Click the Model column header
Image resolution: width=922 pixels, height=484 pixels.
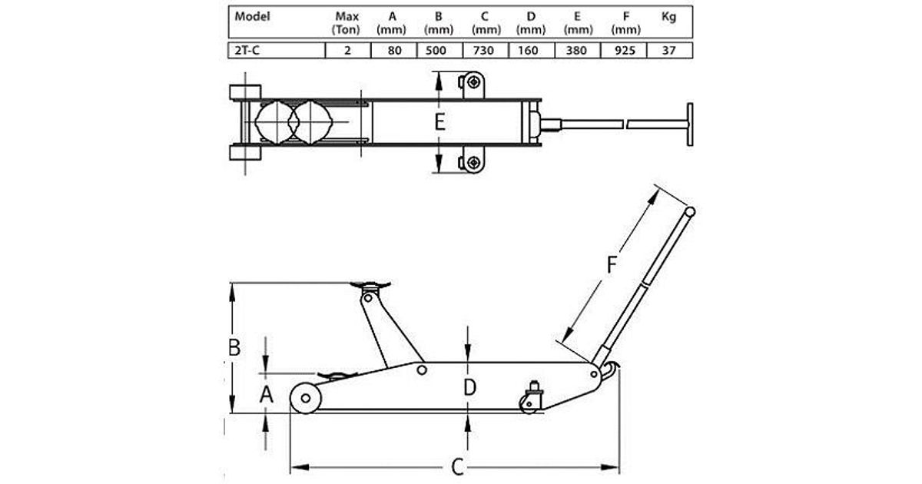[x=252, y=16]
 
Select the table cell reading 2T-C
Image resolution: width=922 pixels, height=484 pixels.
[x=247, y=50]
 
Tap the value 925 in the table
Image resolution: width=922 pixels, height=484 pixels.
[x=624, y=50]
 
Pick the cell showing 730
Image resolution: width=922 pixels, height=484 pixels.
[x=483, y=50]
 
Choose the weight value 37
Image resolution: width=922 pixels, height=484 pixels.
[x=669, y=50]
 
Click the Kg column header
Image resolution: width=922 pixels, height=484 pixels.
[x=668, y=17]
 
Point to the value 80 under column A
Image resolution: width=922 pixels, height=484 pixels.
[x=394, y=50]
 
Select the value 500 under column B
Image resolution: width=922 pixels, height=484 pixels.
[x=436, y=50]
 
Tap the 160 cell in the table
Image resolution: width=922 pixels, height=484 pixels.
[x=528, y=50]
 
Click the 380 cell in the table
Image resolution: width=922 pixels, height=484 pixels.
[x=576, y=50]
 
